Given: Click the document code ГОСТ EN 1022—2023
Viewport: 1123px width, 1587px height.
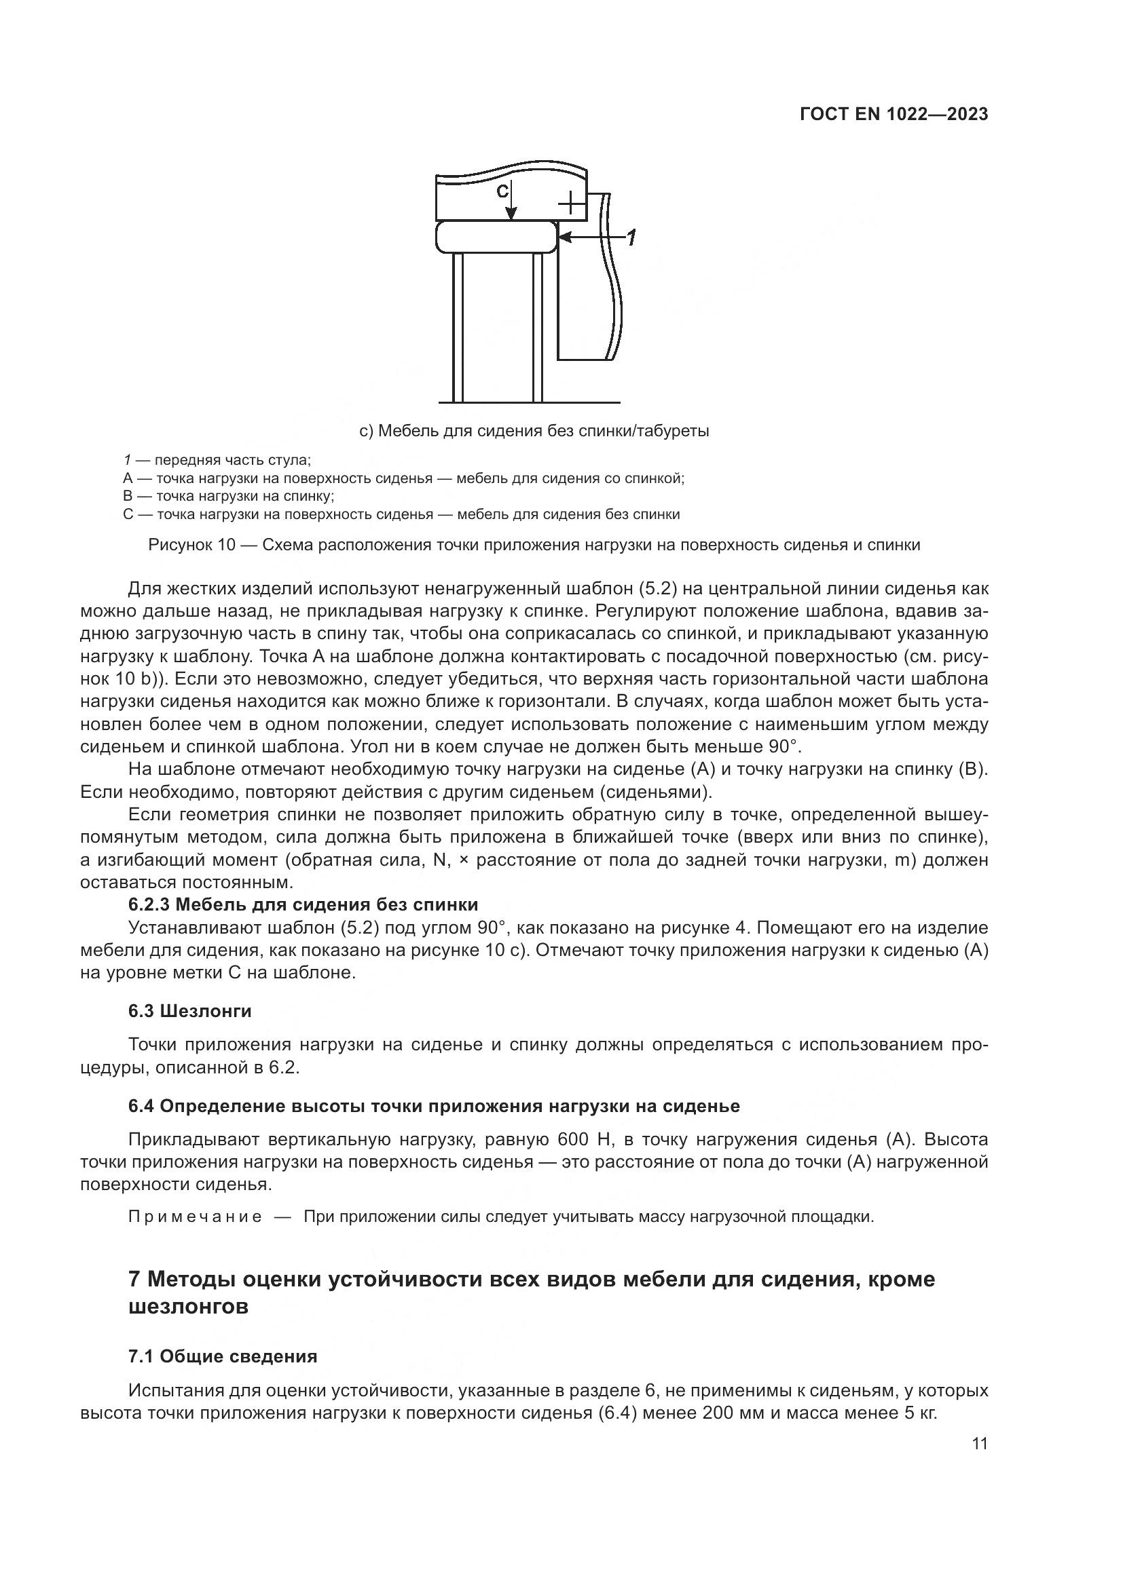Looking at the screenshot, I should (x=894, y=115).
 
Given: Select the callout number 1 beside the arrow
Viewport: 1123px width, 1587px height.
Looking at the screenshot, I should (x=631, y=238).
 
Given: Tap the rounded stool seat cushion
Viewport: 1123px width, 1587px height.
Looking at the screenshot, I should (x=496, y=236).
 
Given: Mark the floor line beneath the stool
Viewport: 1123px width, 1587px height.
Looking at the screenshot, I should (x=529, y=402).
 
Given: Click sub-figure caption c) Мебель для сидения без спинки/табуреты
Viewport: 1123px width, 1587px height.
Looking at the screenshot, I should (x=534, y=432).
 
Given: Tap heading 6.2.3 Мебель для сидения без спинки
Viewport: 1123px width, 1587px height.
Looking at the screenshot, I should (x=303, y=905).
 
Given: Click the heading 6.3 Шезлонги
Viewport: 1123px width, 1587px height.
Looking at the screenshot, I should (x=189, y=1011).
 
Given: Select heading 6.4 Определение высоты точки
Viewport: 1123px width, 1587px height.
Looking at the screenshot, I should (x=434, y=1107).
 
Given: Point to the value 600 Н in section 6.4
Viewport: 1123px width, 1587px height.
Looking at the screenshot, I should (x=582, y=1139).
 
